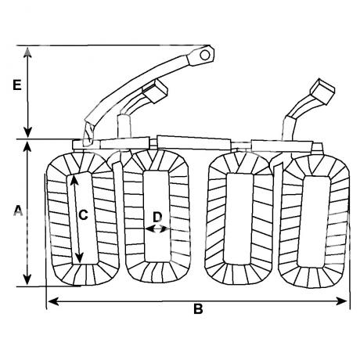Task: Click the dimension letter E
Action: (17, 85)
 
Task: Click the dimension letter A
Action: (18, 211)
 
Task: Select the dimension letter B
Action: (198, 309)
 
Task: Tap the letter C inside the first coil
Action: (83, 215)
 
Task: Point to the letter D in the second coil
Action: (157, 217)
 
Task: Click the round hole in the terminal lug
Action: (205, 55)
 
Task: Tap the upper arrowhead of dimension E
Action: (27, 52)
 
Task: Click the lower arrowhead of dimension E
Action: (27, 132)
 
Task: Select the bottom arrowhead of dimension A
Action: (27, 279)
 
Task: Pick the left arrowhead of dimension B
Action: (53, 301)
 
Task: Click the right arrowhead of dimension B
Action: (342, 301)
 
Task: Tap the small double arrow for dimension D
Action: (156, 229)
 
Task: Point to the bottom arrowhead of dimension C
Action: (80, 257)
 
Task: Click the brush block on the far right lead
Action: (322, 92)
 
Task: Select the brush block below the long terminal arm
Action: (155, 91)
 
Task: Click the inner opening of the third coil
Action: (239, 218)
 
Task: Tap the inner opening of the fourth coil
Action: (313, 221)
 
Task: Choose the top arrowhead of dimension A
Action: (27, 146)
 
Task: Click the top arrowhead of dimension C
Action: (74, 181)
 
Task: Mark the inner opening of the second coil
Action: (157, 217)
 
